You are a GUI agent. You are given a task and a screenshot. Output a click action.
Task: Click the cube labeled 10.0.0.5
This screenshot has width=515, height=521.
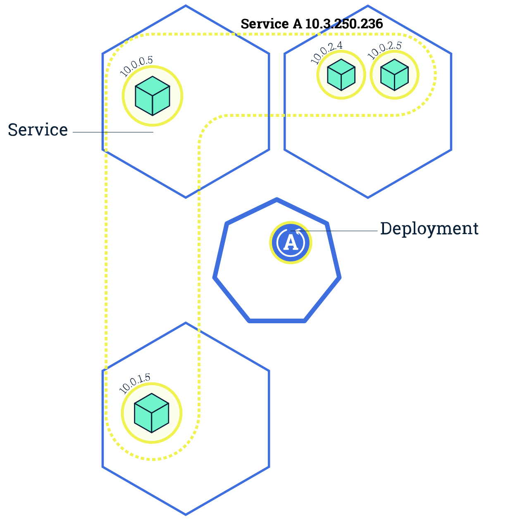coord(153,96)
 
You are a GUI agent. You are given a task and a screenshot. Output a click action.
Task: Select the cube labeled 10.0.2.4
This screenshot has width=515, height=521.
coord(341,75)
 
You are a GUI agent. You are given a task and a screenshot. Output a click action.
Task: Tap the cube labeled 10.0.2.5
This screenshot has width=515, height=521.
coord(394,75)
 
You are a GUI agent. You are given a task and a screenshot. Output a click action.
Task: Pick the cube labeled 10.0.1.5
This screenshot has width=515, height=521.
coord(152,413)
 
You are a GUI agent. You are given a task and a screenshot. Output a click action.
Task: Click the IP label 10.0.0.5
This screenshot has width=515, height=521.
coord(136,66)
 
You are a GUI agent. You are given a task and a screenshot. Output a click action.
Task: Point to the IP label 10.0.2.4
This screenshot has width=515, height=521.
coord(327,53)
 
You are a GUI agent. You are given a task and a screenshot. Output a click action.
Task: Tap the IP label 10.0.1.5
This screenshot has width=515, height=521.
coord(135,384)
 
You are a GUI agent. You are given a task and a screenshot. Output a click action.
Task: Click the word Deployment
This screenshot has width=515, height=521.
coord(429,228)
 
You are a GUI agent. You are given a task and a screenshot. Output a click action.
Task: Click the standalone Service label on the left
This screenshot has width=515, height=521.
coord(38,130)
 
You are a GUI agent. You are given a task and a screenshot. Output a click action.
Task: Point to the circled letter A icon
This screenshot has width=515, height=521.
coord(291,243)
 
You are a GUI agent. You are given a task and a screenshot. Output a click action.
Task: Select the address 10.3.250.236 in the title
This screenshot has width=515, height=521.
coord(344,24)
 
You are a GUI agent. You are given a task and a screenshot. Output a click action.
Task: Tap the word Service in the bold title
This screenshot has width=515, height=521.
coord(265,24)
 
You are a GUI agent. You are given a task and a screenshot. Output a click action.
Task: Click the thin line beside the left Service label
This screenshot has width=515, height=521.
coord(112,132)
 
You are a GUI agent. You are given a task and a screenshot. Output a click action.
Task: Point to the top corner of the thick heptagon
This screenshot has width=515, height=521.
coord(277,200)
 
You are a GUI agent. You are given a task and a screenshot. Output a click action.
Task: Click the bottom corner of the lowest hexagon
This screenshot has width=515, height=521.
coord(186,514)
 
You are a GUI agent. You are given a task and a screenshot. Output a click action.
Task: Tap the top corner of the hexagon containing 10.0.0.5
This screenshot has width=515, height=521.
coord(186,6)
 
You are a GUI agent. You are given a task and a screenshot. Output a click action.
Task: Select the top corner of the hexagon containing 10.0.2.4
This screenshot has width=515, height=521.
coord(368,6)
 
